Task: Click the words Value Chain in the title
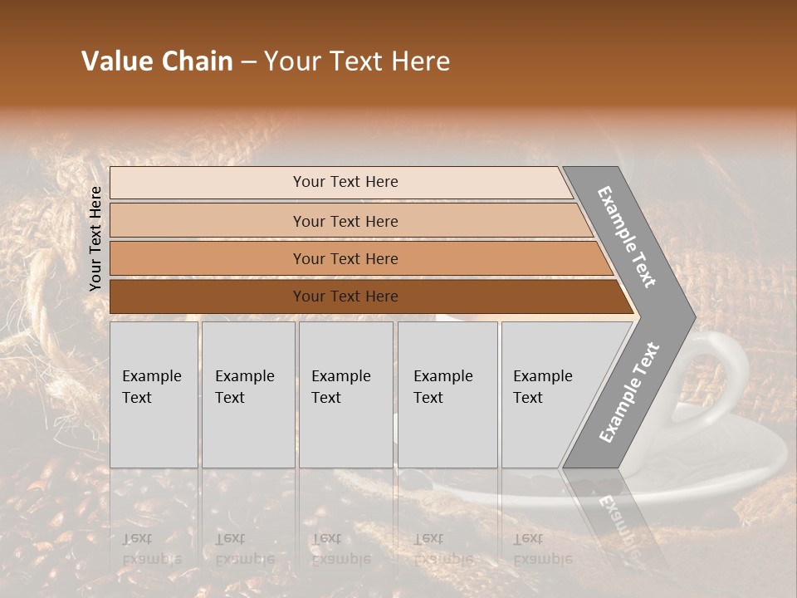(x=157, y=61)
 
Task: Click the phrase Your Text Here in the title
(x=357, y=61)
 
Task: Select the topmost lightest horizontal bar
(x=208, y=183)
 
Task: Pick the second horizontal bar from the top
(x=208, y=221)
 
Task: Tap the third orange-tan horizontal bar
(x=208, y=259)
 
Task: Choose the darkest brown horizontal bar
(x=208, y=297)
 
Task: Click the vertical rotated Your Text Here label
(x=95, y=239)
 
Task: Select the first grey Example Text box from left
(x=154, y=395)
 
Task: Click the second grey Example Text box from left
(x=248, y=395)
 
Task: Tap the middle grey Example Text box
(x=345, y=395)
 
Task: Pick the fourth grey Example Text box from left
(x=447, y=395)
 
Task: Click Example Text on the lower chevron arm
(x=628, y=393)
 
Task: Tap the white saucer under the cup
(x=747, y=465)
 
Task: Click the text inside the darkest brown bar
(x=345, y=297)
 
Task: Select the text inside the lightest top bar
(x=345, y=182)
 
